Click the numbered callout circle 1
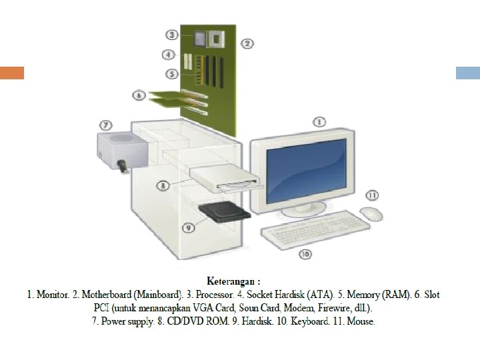[x=319, y=122]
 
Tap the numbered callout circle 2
[x=247, y=43]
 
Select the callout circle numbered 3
[x=172, y=35]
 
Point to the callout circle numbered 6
[x=139, y=95]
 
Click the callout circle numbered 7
[x=105, y=125]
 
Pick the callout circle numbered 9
[x=189, y=227]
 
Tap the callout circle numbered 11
[x=372, y=195]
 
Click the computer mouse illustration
[x=371, y=213]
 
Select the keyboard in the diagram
[x=315, y=229]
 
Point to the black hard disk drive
[x=225, y=211]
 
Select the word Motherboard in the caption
[x=107, y=294]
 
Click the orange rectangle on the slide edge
[x=12, y=73]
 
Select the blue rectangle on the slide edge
[x=468, y=73]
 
